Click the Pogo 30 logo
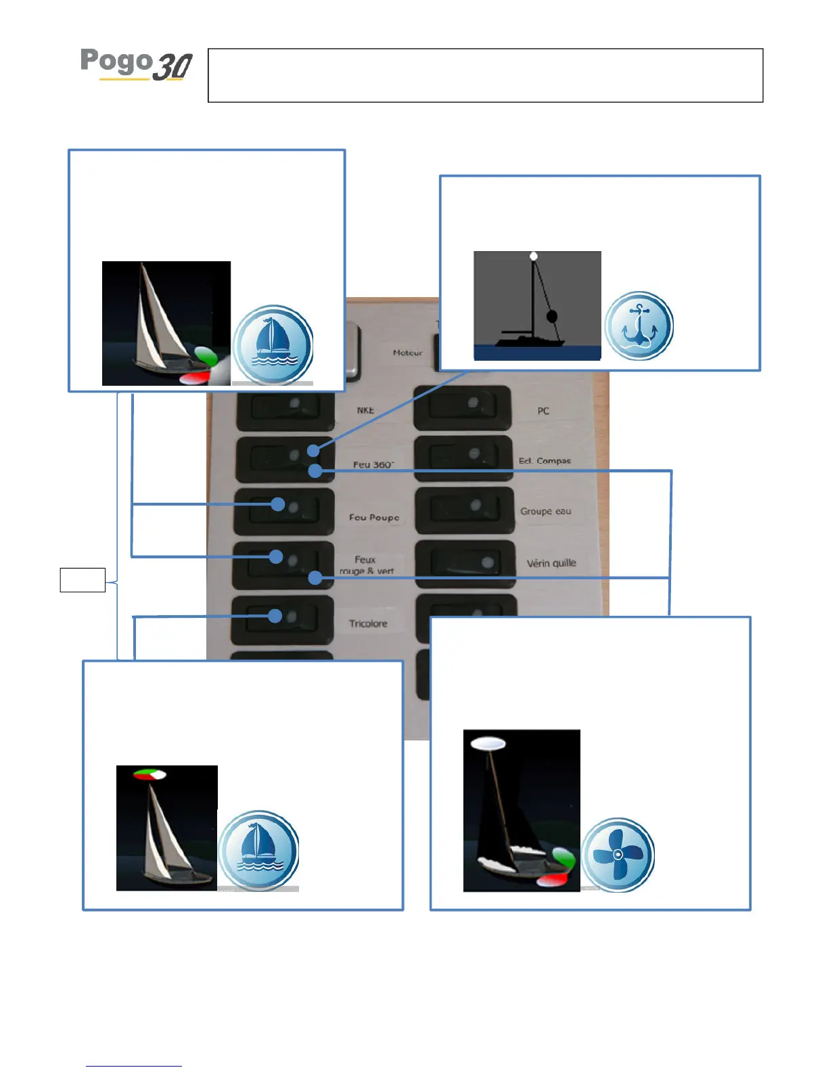pos(137,65)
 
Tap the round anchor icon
pos(639,326)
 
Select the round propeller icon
pos(618,854)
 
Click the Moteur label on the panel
pos(407,353)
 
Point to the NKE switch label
pos(365,410)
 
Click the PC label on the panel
pos(543,411)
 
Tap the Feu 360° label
pos(373,464)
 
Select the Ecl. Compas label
pos(545,461)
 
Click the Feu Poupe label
pos(374,517)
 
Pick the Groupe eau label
pos(545,511)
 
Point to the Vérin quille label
pos(551,563)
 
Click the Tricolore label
pos(368,623)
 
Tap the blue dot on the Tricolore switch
pos(275,616)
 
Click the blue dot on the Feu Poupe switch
pos(277,504)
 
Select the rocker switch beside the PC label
pos(463,407)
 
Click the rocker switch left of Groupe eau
pos(464,510)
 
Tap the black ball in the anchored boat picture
pos(552,316)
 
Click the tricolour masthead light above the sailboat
pos(149,774)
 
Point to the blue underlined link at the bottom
pos(133,1065)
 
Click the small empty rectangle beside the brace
pos(83,580)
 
